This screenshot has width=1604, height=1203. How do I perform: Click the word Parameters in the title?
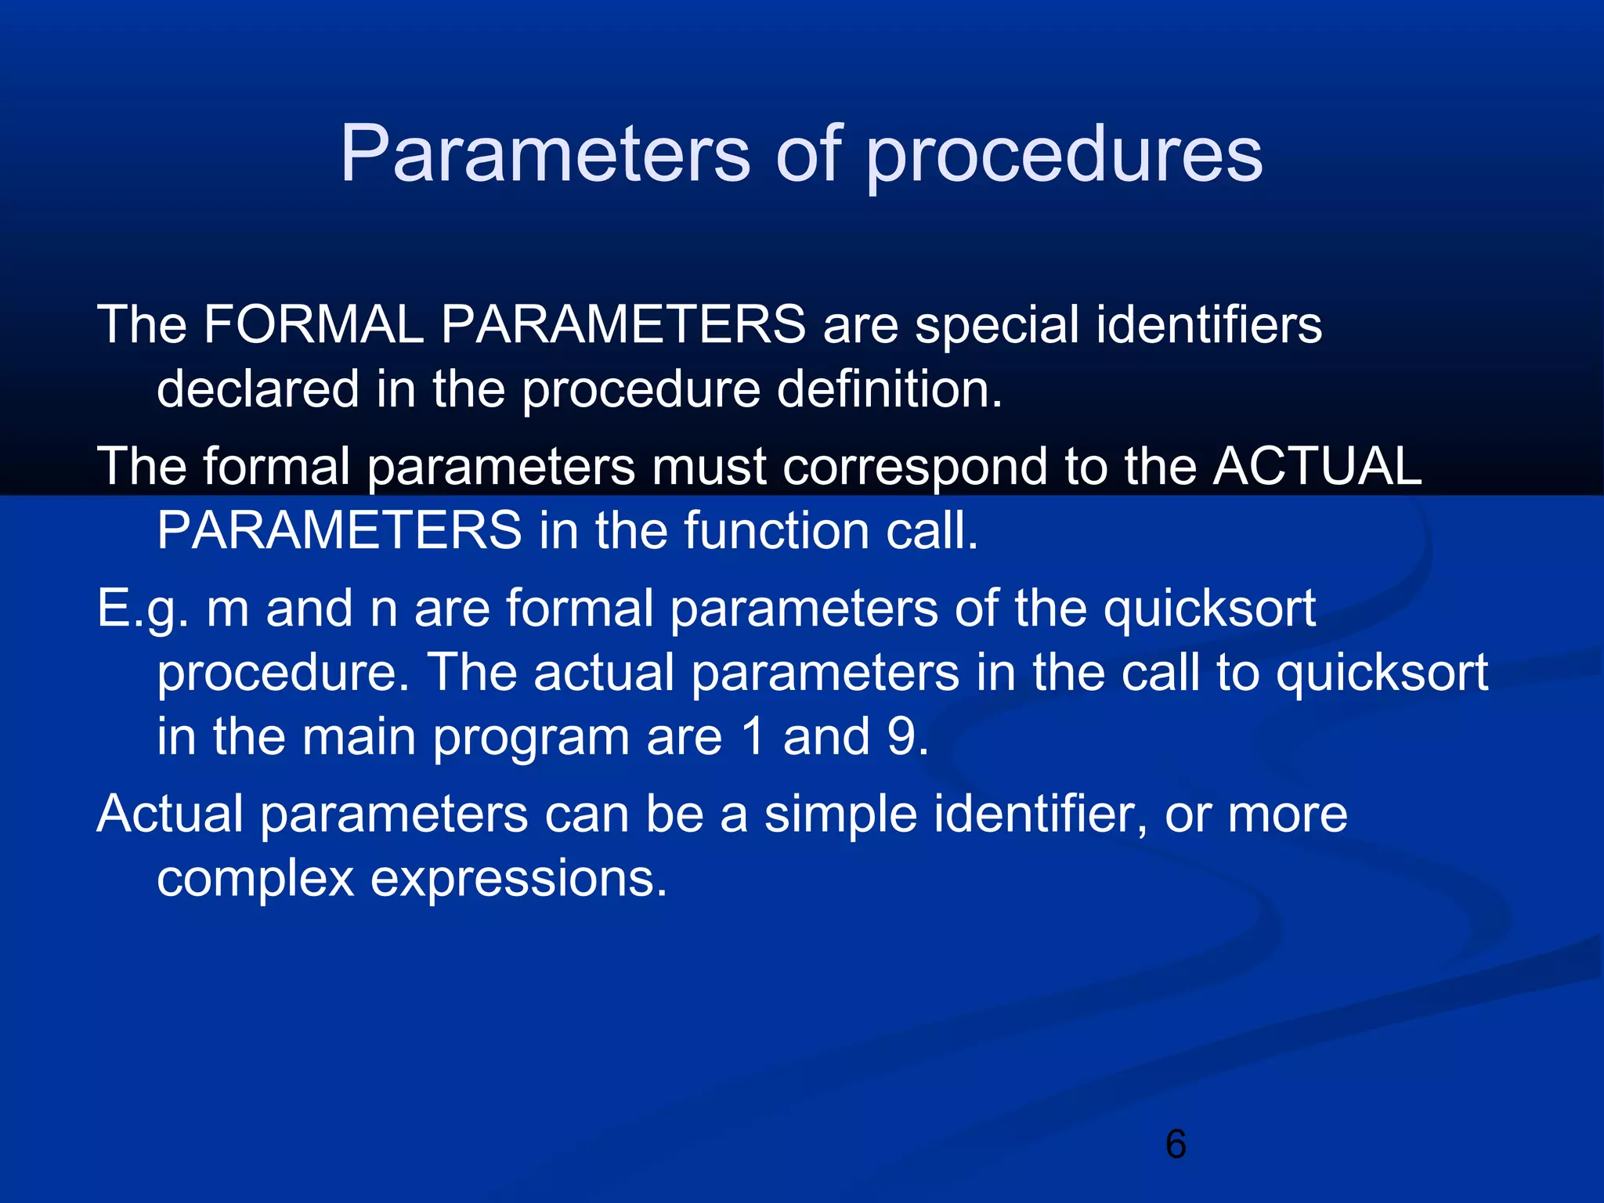pyautogui.click(x=544, y=154)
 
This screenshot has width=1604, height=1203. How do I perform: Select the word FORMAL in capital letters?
pyautogui.click(x=313, y=324)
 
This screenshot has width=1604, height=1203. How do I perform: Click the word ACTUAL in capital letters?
pyautogui.click(x=1317, y=466)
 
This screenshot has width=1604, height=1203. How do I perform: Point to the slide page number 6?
pyautogui.click(x=1176, y=1144)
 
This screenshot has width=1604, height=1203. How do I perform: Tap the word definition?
pyautogui.click(x=889, y=389)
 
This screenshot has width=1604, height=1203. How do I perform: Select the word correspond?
pyautogui.click(x=914, y=468)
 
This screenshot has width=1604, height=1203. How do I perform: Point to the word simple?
pyautogui.click(x=840, y=815)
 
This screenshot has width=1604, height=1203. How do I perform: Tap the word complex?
pyautogui.click(x=255, y=879)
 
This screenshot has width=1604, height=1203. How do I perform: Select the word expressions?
pyautogui.click(x=518, y=879)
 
